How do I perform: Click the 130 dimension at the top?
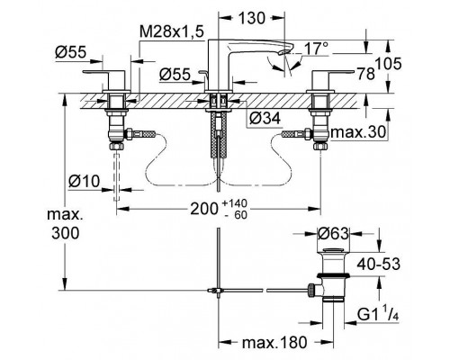pyautogui.click(x=252, y=18)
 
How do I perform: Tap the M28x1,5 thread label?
pyautogui.click(x=172, y=31)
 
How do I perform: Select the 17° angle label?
pyautogui.click(x=316, y=48)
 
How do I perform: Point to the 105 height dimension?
pyautogui.click(x=388, y=64)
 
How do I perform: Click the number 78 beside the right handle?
pyautogui.click(x=365, y=74)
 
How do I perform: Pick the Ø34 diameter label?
pyautogui.click(x=265, y=118)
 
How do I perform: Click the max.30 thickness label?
pyautogui.click(x=358, y=132)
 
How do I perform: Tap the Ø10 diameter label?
pyautogui.click(x=84, y=182)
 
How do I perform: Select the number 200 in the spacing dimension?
pyautogui.click(x=204, y=209)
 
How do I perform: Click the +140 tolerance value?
pyautogui.click(x=235, y=203)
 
